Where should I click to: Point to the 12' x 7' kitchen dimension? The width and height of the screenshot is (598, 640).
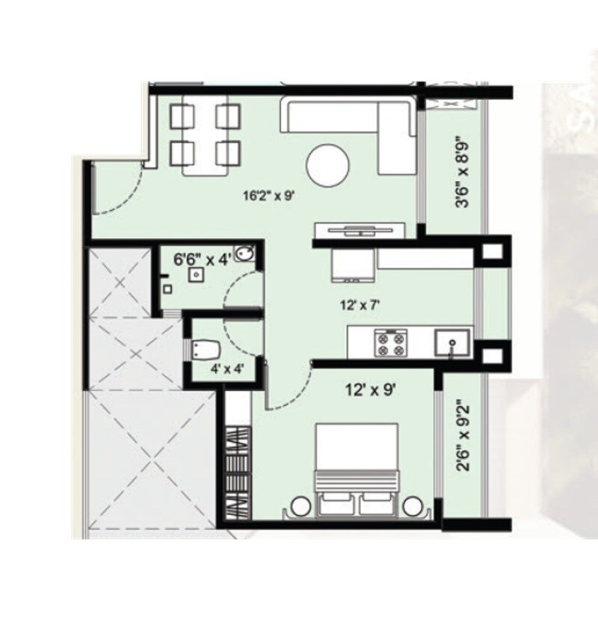pos(355,304)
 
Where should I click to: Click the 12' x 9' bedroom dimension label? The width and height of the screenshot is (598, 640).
pos(369,389)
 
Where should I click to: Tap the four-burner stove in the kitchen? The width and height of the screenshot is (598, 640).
pos(389,343)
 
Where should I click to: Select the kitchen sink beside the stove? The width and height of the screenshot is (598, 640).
pos(453,342)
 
